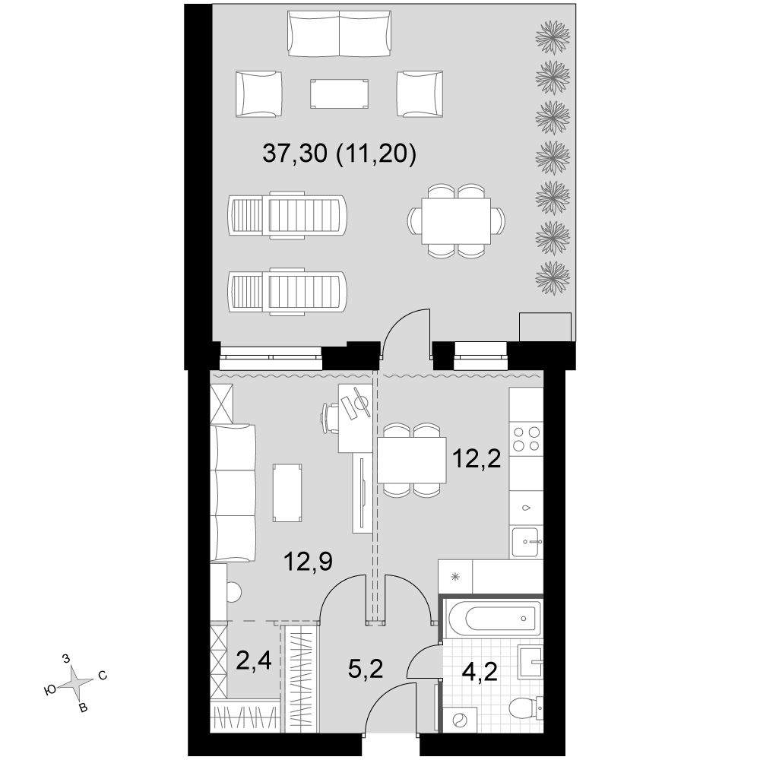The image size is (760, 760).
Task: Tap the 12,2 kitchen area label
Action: pyautogui.click(x=476, y=459)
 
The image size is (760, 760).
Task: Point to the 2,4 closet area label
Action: pyautogui.click(x=254, y=660)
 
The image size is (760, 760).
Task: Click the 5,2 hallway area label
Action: pyautogui.click(x=366, y=670)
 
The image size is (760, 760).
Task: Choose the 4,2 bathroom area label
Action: pyautogui.click(x=480, y=673)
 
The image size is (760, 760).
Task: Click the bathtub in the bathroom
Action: pyautogui.click(x=494, y=619)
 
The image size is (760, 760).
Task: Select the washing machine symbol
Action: pyautogui.click(x=459, y=719)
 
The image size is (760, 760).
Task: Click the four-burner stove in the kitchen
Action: pyautogui.click(x=527, y=439)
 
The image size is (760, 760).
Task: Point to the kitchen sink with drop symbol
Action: pyautogui.click(x=527, y=508)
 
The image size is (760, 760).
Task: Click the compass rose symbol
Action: pyautogui.click(x=75, y=683)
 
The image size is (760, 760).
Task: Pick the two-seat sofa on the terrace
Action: pyautogui.click(x=339, y=34)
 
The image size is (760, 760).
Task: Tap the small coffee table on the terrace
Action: pyautogui.click(x=339, y=93)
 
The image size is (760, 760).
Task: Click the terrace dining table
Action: pyautogui.click(x=456, y=220)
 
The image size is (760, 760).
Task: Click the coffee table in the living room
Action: pyautogui.click(x=287, y=492)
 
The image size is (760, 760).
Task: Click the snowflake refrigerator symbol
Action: pyautogui.click(x=455, y=576)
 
